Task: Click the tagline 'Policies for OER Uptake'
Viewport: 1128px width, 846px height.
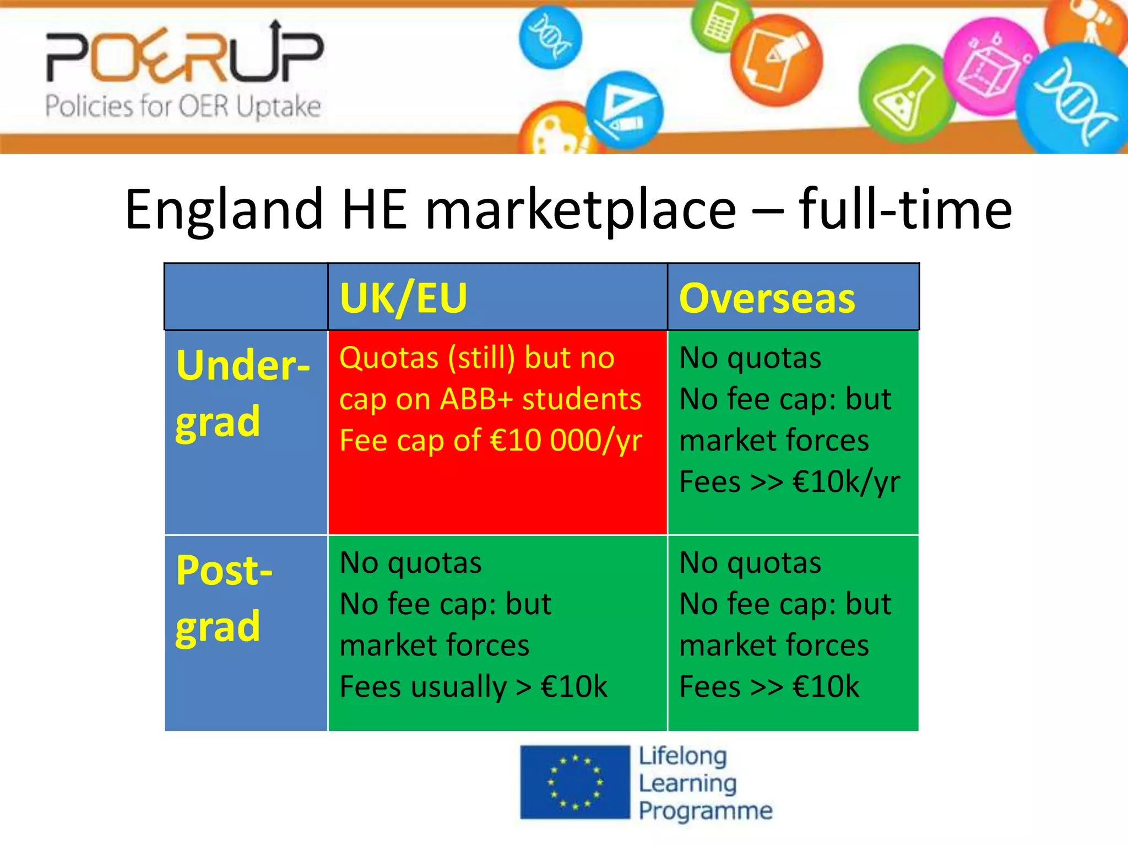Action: click(183, 106)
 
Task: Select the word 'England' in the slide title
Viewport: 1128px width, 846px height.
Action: click(224, 210)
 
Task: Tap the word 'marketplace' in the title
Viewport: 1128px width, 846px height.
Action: click(581, 210)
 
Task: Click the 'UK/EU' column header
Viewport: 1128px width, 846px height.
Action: click(403, 298)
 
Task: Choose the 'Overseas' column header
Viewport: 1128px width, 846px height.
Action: click(767, 298)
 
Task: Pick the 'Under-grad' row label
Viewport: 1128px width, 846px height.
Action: click(242, 393)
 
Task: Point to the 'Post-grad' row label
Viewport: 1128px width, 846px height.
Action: click(224, 598)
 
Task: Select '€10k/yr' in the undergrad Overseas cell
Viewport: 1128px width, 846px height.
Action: click(846, 482)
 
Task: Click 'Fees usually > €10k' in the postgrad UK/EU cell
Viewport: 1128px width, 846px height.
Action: click(473, 686)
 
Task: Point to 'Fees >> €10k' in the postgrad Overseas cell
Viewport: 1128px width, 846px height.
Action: click(769, 686)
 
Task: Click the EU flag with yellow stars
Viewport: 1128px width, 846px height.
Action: click(574, 782)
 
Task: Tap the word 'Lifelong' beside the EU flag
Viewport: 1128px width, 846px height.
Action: click(683, 756)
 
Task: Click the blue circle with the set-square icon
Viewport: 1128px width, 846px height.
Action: click(624, 109)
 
